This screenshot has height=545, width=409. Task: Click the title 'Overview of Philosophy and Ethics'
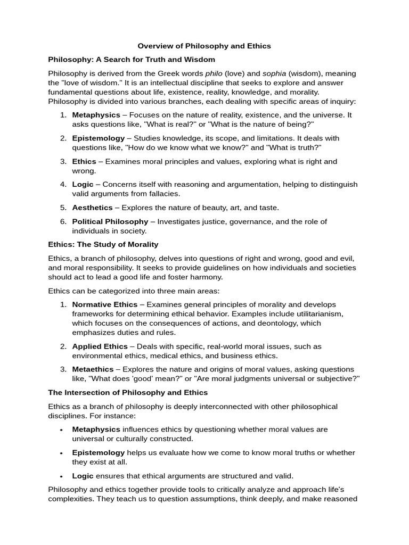pyautogui.click(x=204, y=46)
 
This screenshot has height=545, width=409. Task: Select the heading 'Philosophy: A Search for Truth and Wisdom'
pyautogui.click(x=132, y=60)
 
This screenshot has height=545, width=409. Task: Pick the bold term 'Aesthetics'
pyautogui.click(x=92, y=208)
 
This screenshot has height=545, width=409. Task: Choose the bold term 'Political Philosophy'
pyautogui.click(x=110, y=221)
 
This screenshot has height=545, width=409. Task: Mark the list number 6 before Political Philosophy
pyautogui.click(x=62, y=221)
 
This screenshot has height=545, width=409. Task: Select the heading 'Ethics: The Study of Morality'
pyautogui.click(x=103, y=244)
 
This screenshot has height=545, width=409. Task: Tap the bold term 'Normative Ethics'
pyautogui.click(x=105, y=304)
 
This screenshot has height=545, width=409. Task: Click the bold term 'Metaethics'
pyautogui.click(x=93, y=369)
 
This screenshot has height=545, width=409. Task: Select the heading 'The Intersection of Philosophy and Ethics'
pyautogui.click(x=128, y=392)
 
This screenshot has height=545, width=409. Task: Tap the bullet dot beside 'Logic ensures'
pyautogui.click(x=62, y=476)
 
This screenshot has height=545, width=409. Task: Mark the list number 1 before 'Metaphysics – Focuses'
pyautogui.click(x=62, y=115)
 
